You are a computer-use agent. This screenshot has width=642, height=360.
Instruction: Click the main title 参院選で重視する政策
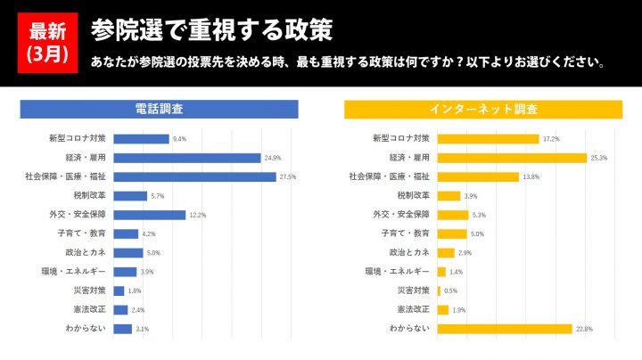click(x=211, y=30)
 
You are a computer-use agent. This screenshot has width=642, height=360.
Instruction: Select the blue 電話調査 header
click(x=159, y=109)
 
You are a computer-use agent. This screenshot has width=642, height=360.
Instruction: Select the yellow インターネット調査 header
click(x=483, y=109)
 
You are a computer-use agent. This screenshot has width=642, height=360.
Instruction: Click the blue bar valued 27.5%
click(x=195, y=176)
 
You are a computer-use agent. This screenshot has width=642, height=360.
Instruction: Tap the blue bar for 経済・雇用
click(x=187, y=158)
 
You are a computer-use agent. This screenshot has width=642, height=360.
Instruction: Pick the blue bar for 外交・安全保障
click(x=150, y=215)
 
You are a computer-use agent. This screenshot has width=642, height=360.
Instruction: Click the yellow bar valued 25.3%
click(x=511, y=158)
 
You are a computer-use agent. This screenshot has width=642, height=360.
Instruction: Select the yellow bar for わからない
click(x=505, y=328)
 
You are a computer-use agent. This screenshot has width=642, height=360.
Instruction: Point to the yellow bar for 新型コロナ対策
click(x=488, y=139)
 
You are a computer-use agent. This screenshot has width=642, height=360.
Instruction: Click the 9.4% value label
click(x=179, y=139)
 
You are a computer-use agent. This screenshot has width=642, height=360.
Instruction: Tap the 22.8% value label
click(x=584, y=329)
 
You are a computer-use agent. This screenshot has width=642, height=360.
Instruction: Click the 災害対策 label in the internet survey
click(x=414, y=290)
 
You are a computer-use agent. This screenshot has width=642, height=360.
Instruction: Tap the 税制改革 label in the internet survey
click(x=414, y=195)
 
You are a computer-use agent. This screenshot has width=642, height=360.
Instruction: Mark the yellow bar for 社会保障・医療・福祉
click(x=478, y=176)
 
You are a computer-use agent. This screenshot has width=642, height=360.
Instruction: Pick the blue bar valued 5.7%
click(x=130, y=196)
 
